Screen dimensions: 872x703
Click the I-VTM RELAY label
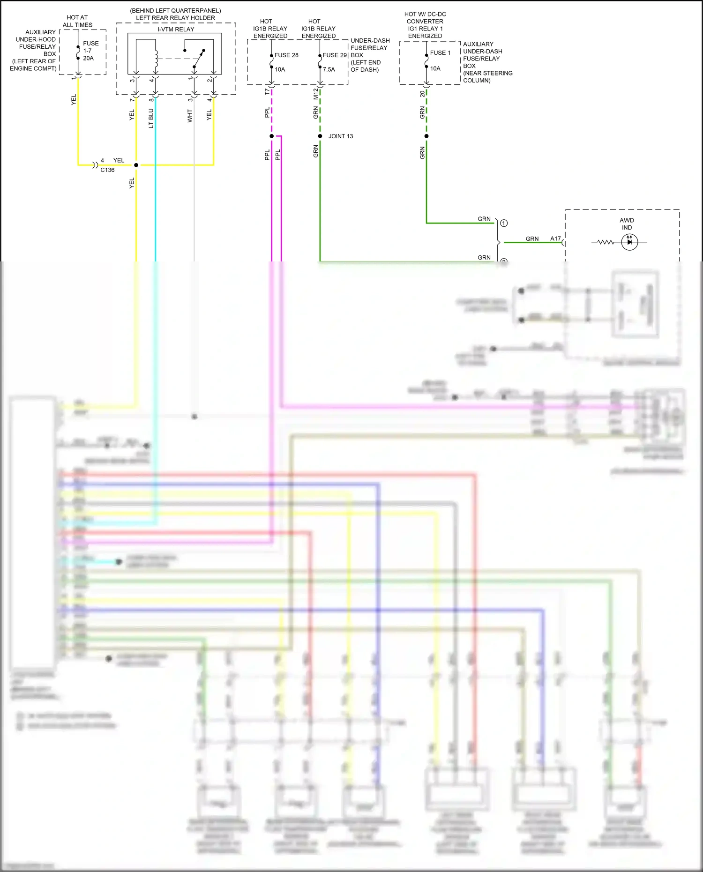(x=176, y=29)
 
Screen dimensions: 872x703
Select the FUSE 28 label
(x=286, y=55)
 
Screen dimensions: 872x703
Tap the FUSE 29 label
(x=335, y=55)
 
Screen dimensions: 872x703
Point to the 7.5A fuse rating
(x=329, y=69)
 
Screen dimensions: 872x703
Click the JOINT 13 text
(x=341, y=136)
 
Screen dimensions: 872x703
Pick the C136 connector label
(x=107, y=170)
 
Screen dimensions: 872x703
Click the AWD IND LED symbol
(x=629, y=242)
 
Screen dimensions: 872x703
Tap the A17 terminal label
(x=555, y=238)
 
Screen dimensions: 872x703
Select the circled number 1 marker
(x=504, y=223)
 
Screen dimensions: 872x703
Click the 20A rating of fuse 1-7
(x=88, y=58)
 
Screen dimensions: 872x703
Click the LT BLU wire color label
(x=151, y=119)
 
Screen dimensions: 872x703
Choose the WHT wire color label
(x=190, y=116)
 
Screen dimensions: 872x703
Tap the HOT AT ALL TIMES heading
(x=77, y=21)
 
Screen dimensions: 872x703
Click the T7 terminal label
(x=267, y=91)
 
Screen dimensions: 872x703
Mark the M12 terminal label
(x=315, y=94)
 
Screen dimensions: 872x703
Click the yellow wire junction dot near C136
(x=136, y=165)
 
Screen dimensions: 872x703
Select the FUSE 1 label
(x=440, y=53)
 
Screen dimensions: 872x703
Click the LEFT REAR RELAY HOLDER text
(x=175, y=18)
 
